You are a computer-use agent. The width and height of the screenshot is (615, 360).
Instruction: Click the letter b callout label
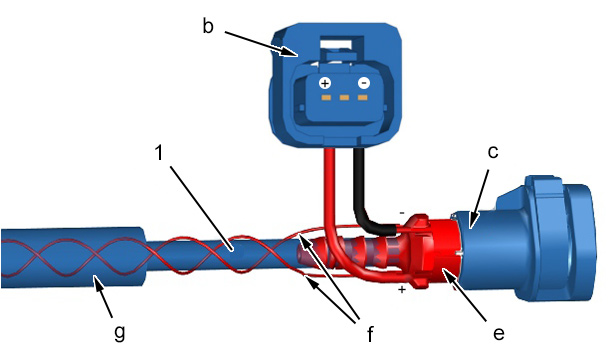(208, 26)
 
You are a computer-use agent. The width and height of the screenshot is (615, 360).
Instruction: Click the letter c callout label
(493, 152)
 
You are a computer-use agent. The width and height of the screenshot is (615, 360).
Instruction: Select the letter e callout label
(499, 334)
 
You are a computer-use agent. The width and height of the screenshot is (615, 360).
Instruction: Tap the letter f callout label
(370, 334)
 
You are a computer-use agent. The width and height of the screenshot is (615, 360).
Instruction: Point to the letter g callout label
(119, 333)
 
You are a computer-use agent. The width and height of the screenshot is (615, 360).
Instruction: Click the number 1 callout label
(158, 152)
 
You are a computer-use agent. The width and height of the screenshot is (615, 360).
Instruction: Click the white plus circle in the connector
(325, 83)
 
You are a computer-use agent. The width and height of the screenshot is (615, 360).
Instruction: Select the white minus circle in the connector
(364, 83)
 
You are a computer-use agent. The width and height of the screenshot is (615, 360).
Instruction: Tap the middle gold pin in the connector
(344, 97)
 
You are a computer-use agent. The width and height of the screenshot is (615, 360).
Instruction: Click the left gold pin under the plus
(326, 97)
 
